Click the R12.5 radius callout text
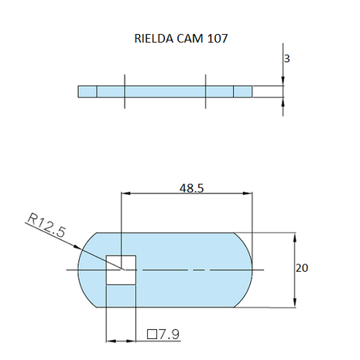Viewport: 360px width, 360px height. coord(46,228)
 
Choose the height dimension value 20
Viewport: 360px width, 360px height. coord(303,268)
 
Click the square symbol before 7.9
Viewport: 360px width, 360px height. coord(153,334)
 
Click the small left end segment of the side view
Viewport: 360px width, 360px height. coord(87,91)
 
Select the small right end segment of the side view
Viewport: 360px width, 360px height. coord(243,91)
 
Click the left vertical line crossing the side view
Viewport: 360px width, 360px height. coord(124,91)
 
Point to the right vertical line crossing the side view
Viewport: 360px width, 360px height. coord(206,91)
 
